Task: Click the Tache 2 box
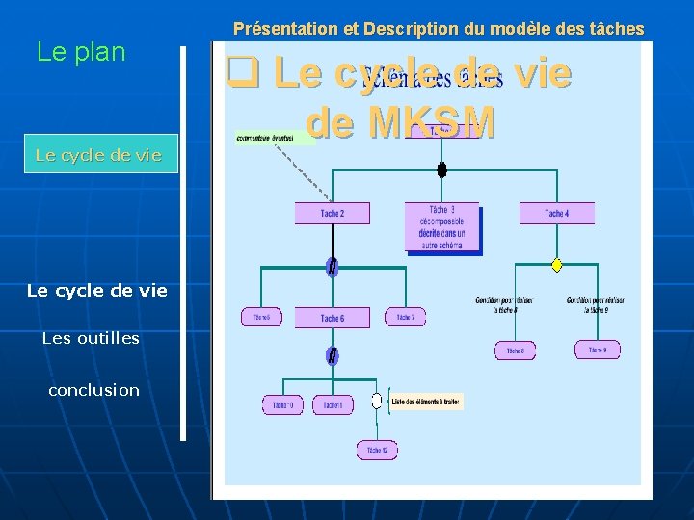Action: click(332, 213)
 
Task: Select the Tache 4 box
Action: click(556, 213)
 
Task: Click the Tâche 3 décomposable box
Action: click(442, 228)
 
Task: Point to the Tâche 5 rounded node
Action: click(261, 317)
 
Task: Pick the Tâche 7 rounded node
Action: click(405, 317)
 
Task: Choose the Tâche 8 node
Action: click(515, 351)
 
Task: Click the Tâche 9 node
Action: click(598, 350)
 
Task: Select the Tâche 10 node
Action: click(282, 405)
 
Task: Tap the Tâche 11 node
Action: click(334, 405)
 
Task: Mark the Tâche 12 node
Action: click(377, 449)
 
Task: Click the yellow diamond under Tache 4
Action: click(556, 265)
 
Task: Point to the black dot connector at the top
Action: click(441, 170)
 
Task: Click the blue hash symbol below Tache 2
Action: click(332, 267)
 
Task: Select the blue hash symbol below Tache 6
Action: click(332, 356)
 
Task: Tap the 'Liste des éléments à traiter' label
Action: click(426, 401)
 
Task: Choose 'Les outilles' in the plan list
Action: click(91, 338)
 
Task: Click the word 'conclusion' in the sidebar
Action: click(93, 390)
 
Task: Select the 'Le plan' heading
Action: click(81, 52)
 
